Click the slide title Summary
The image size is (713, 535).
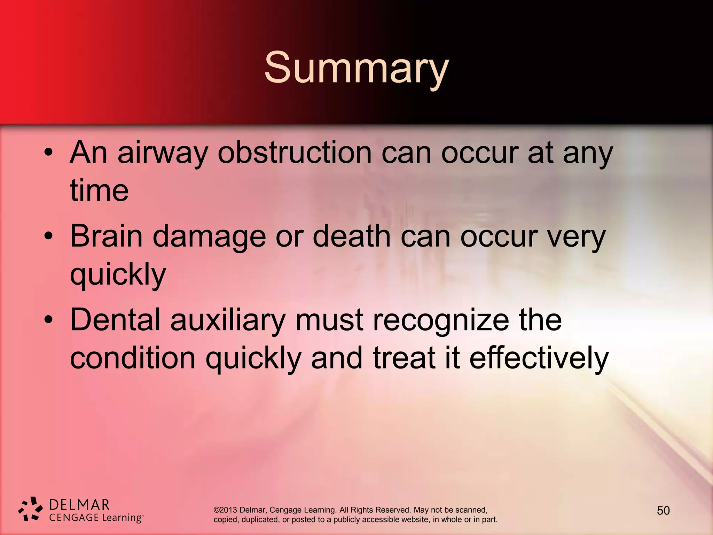click(x=356, y=68)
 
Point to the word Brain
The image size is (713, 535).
click(x=106, y=236)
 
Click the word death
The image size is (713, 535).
click(x=352, y=236)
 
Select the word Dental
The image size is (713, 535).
click(x=115, y=320)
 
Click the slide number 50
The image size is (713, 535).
click(x=663, y=511)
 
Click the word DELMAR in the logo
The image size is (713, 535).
click(x=80, y=505)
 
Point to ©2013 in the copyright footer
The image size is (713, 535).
click(x=225, y=510)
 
